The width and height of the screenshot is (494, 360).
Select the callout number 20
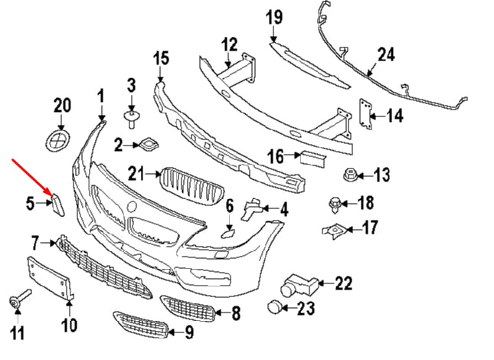coord(62,105)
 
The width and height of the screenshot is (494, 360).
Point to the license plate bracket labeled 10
coord(51,280)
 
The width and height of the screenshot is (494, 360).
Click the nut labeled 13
coord(348,176)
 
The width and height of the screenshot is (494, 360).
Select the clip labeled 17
coord(334,227)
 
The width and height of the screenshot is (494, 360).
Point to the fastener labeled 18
coord(334,203)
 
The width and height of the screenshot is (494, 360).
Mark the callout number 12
coord(230,45)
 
